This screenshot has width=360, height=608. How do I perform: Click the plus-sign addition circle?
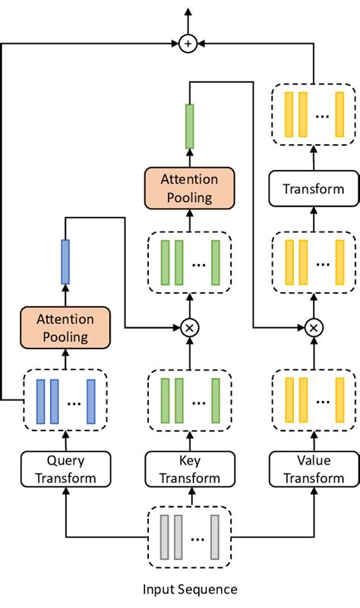click(x=188, y=44)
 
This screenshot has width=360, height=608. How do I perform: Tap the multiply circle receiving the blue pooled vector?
click(x=188, y=327)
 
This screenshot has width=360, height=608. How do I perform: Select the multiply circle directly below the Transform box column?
click(x=314, y=327)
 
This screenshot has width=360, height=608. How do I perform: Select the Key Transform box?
click(x=188, y=468)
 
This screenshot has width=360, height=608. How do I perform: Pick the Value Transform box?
click(x=314, y=468)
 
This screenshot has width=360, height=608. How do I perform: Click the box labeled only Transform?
click(x=314, y=189)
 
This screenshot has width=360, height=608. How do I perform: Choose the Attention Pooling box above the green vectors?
click(x=188, y=188)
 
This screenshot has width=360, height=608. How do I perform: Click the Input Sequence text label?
click(x=190, y=589)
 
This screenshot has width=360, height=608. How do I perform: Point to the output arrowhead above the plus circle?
click(x=188, y=11)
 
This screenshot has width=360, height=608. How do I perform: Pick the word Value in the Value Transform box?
click(x=314, y=460)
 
